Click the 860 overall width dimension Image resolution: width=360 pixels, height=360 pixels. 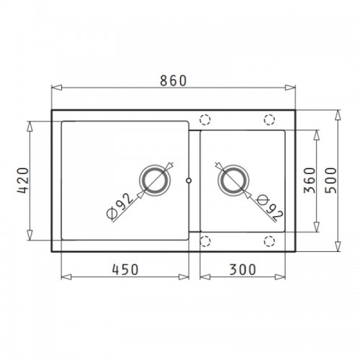click(173, 81)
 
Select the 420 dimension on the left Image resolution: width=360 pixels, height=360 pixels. click(23, 180)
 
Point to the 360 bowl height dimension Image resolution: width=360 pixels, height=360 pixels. click(310, 180)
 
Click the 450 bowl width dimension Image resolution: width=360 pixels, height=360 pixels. click(125, 269)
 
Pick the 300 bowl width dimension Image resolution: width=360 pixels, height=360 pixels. click(243, 269)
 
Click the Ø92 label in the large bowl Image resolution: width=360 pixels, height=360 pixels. click(120, 206)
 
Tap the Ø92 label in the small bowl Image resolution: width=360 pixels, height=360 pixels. click(270, 208)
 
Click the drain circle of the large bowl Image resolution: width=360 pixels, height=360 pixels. click(155, 180)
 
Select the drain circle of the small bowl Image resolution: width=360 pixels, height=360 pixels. click(233, 180)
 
